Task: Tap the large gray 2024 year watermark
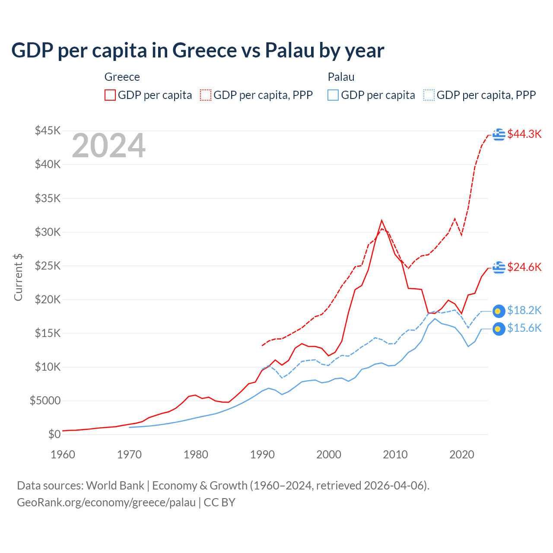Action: click(108, 146)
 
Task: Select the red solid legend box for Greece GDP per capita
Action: click(110, 95)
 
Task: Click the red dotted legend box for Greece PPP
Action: click(206, 95)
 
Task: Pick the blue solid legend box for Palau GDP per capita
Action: click(333, 95)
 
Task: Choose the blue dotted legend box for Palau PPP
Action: click(429, 95)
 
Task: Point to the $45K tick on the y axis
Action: click(48, 130)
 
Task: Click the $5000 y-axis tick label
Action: click(45, 400)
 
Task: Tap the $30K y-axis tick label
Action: click(48, 232)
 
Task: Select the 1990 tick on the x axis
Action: click(262, 454)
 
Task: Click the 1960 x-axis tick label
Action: click(63, 454)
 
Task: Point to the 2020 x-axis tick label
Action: click(462, 454)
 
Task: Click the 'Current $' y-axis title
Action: click(18, 277)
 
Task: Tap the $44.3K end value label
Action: click(524, 134)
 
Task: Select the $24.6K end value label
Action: click(524, 267)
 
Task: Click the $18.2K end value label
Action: click(524, 310)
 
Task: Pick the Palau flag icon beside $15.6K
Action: click(499, 329)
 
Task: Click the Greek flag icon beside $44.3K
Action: click(499, 135)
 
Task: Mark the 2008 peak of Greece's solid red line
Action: click(381, 220)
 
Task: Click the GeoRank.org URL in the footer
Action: click(106, 502)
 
